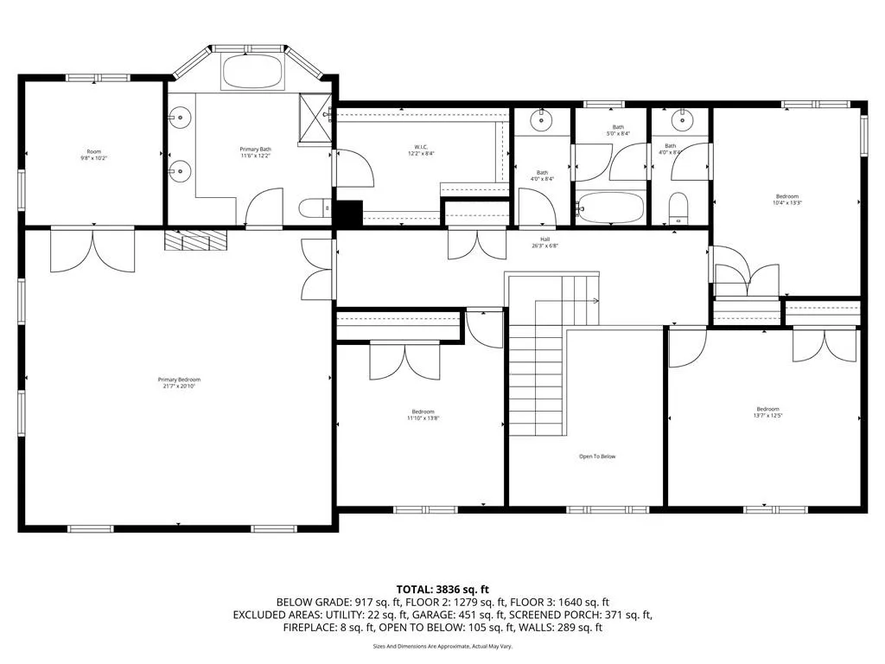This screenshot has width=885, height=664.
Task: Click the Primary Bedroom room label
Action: pos(179,380)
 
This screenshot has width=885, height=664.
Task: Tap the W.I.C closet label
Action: pos(421,149)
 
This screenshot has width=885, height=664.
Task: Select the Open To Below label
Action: pos(597,456)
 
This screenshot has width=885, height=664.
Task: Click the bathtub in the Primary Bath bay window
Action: pos(252,72)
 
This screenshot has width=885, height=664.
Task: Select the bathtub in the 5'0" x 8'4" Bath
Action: pos(610,208)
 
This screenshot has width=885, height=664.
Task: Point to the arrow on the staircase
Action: pos(595,301)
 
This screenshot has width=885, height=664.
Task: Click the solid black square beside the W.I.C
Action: pos(348,213)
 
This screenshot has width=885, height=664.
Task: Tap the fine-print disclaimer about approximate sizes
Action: pos(442,646)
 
